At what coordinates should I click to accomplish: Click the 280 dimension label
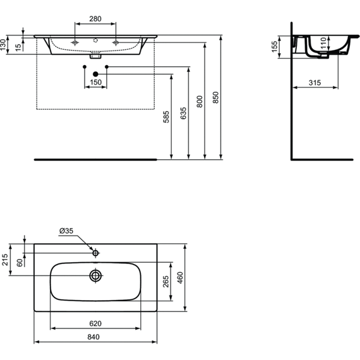[95, 18]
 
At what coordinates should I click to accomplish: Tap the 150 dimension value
[95, 82]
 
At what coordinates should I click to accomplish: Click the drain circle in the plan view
[96, 275]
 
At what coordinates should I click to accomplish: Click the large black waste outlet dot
[95, 73]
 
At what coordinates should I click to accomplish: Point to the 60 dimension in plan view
[20, 263]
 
